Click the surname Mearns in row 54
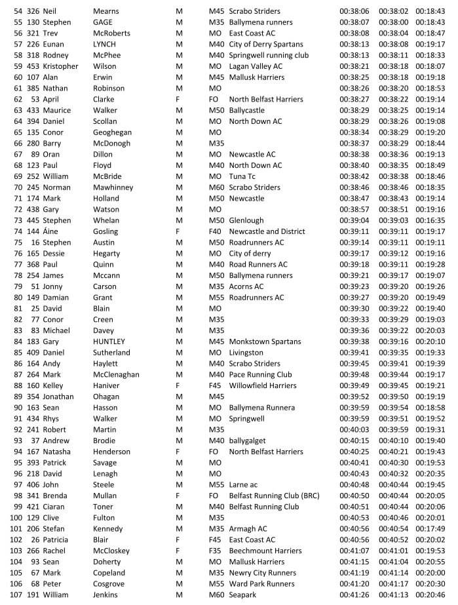click(x=107, y=11)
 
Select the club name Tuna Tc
click(x=242, y=176)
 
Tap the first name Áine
click(x=52, y=231)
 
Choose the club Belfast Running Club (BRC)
click(x=274, y=496)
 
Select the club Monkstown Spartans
click(x=265, y=342)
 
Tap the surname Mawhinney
click(x=113, y=187)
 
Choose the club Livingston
click(x=246, y=353)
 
